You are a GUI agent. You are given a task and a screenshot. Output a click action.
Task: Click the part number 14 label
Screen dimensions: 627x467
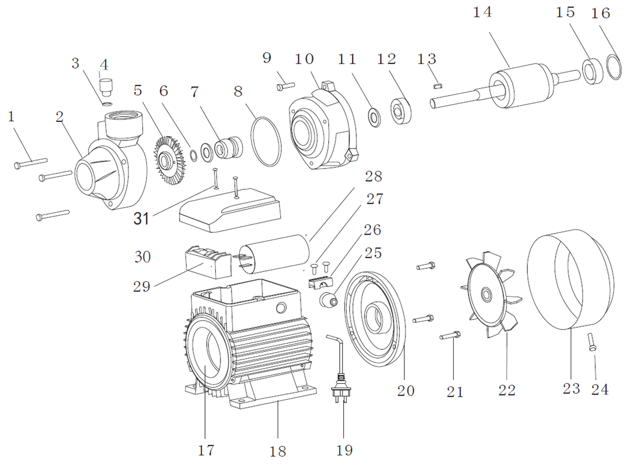[482, 13]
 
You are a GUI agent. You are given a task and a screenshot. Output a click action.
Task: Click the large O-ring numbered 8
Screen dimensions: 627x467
[267, 141]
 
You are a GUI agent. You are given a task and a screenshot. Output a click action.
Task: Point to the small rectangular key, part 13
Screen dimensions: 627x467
[439, 85]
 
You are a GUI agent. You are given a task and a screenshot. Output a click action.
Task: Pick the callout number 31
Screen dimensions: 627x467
[141, 219]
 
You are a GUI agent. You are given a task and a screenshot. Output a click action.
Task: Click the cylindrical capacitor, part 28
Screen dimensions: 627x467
[274, 254]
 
